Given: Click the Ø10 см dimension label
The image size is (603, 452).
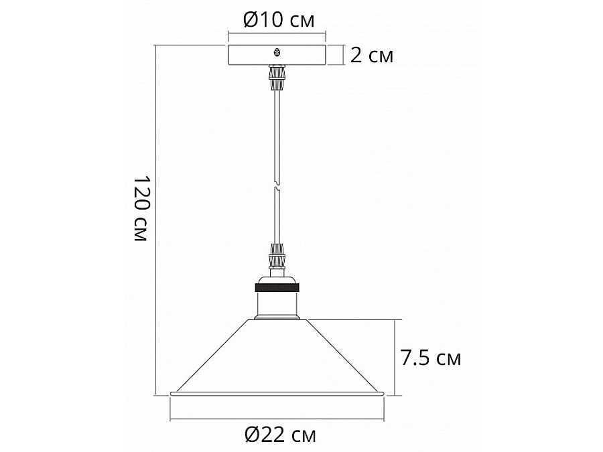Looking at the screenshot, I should tap(278, 20).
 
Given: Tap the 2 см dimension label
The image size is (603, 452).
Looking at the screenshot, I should tap(371, 56).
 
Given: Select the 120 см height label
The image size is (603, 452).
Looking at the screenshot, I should tap(140, 210).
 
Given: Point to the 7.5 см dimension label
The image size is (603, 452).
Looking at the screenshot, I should tap(431, 358).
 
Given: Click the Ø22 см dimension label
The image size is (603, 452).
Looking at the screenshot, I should tap(280, 435).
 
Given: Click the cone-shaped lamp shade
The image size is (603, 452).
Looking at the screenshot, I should tap(276, 358).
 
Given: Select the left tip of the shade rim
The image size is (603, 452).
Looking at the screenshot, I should tap(172, 392).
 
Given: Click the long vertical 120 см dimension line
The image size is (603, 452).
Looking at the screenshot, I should tap(156, 221).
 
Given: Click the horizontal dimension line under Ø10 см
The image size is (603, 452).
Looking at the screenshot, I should tap(276, 32).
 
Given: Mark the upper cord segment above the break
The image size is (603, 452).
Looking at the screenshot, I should tap(276, 134).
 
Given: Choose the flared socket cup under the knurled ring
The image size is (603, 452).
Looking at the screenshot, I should tap(276, 305).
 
